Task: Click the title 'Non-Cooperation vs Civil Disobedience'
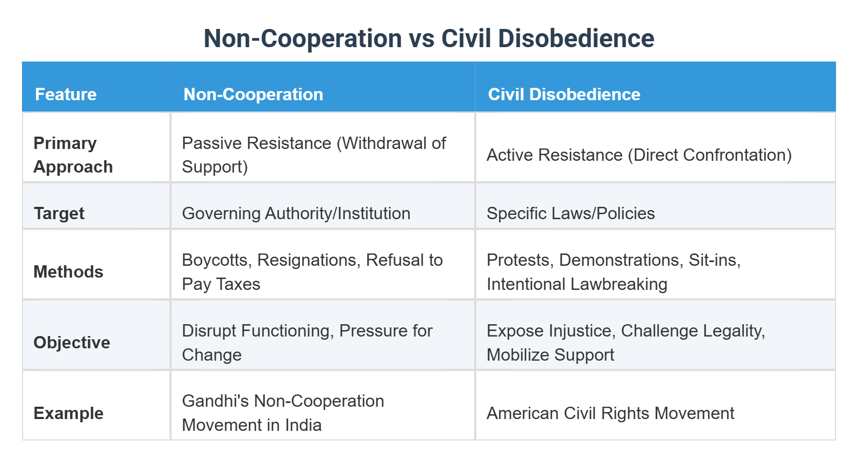pyautogui.click(x=429, y=39)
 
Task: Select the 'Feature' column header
pyautogui.click(x=65, y=94)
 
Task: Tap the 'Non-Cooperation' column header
pyautogui.click(x=253, y=94)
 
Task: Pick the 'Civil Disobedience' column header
pyautogui.click(x=564, y=94)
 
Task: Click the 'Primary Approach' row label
pyautogui.click(x=73, y=155)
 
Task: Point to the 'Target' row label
pyautogui.click(x=59, y=213)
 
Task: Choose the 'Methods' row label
pyautogui.click(x=68, y=272)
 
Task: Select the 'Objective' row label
pyautogui.click(x=72, y=342)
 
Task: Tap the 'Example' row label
pyautogui.click(x=68, y=413)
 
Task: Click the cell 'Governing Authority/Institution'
pyautogui.click(x=296, y=213)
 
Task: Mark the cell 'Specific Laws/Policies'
pyautogui.click(x=571, y=213)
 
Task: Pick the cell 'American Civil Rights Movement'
pyautogui.click(x=610, y=413)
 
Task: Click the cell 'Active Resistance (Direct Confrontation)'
pyautogui.click(x=639, y=155)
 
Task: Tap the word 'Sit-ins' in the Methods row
pyautogui.click(x=714, y=260)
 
